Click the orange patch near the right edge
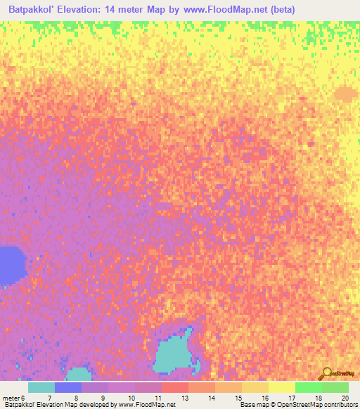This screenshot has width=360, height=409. (345, 93)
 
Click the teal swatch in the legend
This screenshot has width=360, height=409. (41, 387)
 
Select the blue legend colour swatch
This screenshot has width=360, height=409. (68, 387)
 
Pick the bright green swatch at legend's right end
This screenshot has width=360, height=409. (335, 387)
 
